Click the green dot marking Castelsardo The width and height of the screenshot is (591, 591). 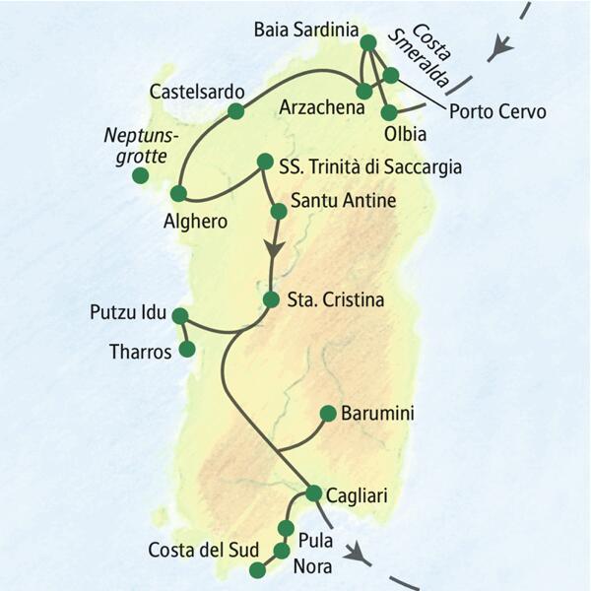point(235,111)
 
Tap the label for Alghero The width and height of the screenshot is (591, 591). point(195,223)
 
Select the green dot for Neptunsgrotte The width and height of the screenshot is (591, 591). point(141,176)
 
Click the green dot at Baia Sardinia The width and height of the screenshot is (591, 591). point(368,42)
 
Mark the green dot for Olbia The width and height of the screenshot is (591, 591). point(389,111)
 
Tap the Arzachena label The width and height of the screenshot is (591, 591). point(315,105)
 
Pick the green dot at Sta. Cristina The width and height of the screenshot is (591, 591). point(272,298)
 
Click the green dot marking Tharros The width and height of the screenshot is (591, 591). point(187,349)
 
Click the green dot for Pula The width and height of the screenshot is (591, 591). point(289,528)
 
